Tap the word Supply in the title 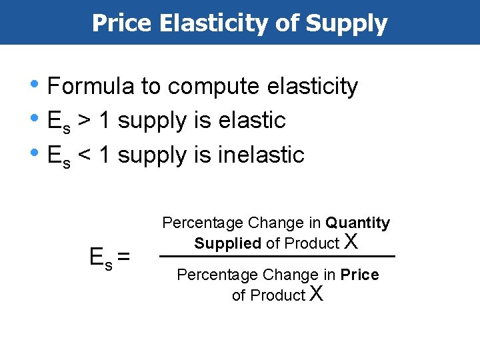[x=347, y=23]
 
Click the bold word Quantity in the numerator [x=358, y=223]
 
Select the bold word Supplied [x=227, y=243]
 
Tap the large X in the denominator [x=317, y=293]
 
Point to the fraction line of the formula [x=277, y=257]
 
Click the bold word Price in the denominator [x=360, y=275]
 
